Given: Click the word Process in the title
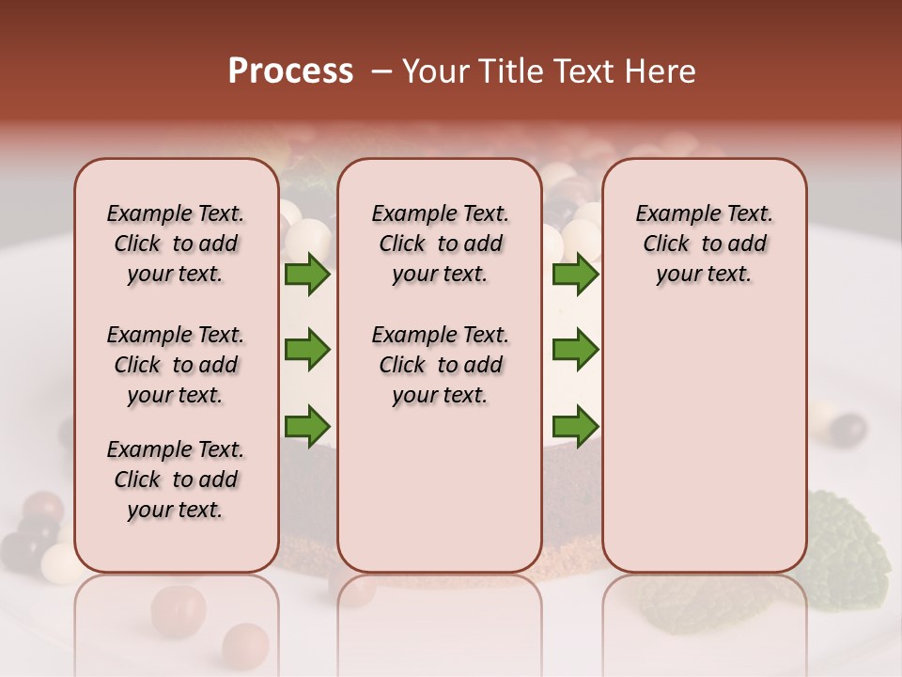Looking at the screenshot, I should coord(290,71).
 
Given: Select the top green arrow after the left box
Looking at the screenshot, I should coord(307,275).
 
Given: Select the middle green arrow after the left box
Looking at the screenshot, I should coord(307,350).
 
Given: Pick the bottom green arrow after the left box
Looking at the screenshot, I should coord(307,425).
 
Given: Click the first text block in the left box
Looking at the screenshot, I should coord(176,244).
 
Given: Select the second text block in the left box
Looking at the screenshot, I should coord(176,365).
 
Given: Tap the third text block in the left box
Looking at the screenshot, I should coord(176,480).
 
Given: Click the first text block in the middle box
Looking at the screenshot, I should coord(440,244).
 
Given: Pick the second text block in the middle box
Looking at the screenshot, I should coord(440,365).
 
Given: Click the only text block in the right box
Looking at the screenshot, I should coord(704,244).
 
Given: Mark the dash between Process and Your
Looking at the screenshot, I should coord(381,72).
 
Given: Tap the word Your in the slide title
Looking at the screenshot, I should coord(437,71).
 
